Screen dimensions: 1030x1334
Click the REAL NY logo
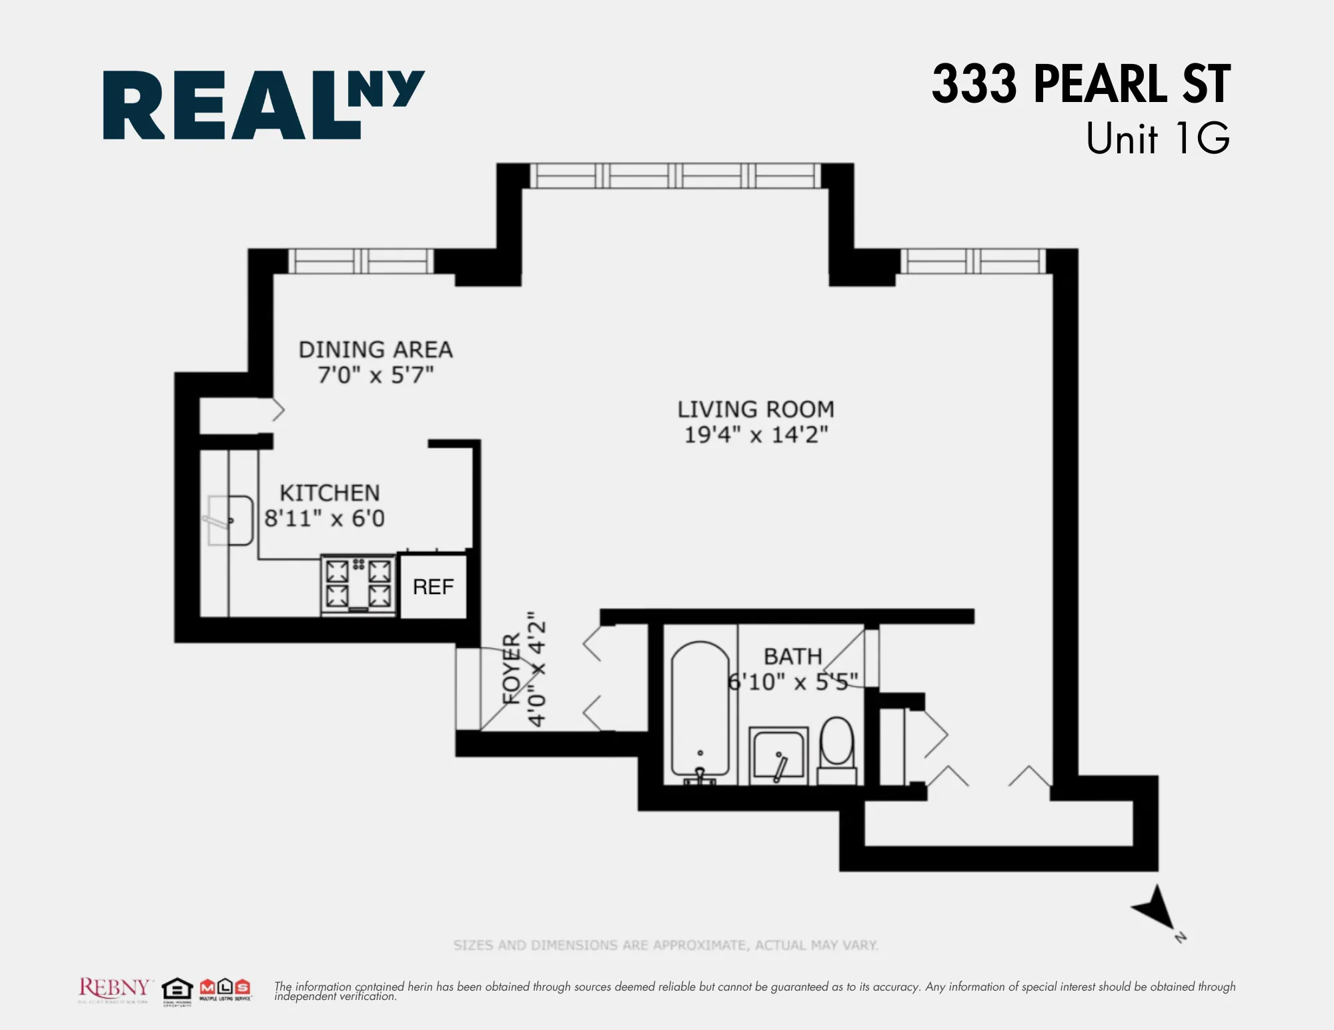click(x=263, y=105)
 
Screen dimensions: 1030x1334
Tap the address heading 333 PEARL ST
click(x=1081, y=84)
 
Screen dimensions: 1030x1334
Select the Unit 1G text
click(x=1157, y=139)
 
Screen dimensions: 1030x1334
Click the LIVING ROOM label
click(x=756, y=409)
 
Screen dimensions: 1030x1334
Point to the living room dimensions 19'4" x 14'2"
click(x=756, y=435)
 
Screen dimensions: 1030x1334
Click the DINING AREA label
click(x=376, y=349)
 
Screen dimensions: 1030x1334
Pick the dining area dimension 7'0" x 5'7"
click(x=376, y=375)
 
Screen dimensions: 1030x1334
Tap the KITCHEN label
click(x=329, y=493)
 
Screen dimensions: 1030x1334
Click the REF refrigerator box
click(x=433, y=587)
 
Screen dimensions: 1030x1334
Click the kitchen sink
click(x=230, y=520)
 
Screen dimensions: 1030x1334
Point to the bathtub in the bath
click(x=700, y=710)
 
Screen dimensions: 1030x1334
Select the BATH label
click(x=792, y=656)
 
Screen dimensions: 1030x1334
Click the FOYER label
click(x=512, y=669)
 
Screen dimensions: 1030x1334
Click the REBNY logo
click(x=114, y=988)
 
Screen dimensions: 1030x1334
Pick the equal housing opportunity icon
click(x=177, y=989)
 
